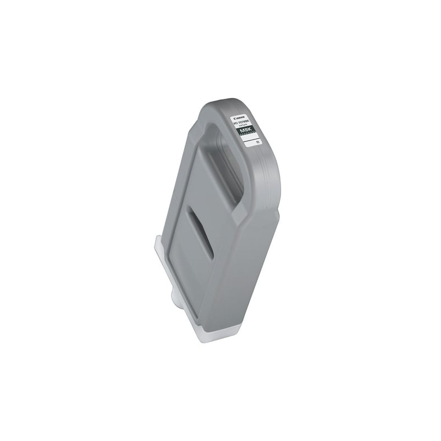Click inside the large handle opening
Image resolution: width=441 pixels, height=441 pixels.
click(227, 165)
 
